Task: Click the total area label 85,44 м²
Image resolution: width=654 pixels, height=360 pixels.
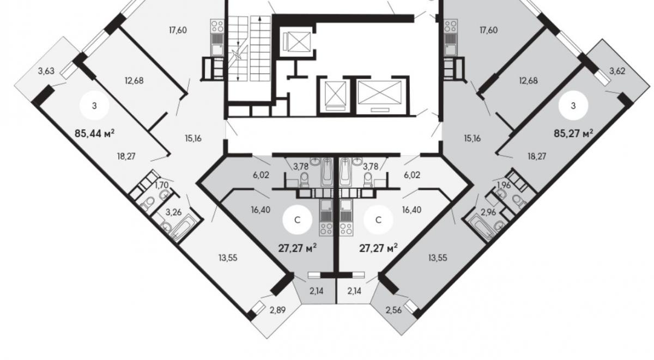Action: (94, 133)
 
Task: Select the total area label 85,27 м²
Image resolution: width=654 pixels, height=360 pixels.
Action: (573, 133)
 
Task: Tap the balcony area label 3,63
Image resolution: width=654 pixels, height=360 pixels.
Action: (46, 71)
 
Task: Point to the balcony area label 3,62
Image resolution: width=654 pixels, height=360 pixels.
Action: (617, 71)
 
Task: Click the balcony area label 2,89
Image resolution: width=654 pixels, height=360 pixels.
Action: (277, 310)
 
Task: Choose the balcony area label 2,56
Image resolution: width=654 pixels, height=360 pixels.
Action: (393, 310)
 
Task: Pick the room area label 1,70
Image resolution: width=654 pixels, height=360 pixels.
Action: (161, 185)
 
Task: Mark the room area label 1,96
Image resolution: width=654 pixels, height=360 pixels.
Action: (504, 185)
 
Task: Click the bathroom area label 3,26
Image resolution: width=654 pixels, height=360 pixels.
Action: (173, 212)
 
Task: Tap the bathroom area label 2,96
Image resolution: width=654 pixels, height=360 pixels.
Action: (488, 212)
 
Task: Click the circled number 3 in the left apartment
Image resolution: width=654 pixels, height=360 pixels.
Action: (94, 106)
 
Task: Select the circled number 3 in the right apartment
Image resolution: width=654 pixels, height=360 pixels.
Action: (573, 106)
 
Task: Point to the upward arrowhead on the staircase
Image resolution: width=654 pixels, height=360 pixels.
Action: (260, 19)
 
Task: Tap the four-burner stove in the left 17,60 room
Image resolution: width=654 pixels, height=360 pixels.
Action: (217, 26)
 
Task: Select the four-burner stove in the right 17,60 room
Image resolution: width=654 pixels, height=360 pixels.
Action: (450, 26)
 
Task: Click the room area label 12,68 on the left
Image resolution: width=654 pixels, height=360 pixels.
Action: (134, 81)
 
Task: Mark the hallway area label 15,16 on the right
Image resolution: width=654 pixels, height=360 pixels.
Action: (473, 138)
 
